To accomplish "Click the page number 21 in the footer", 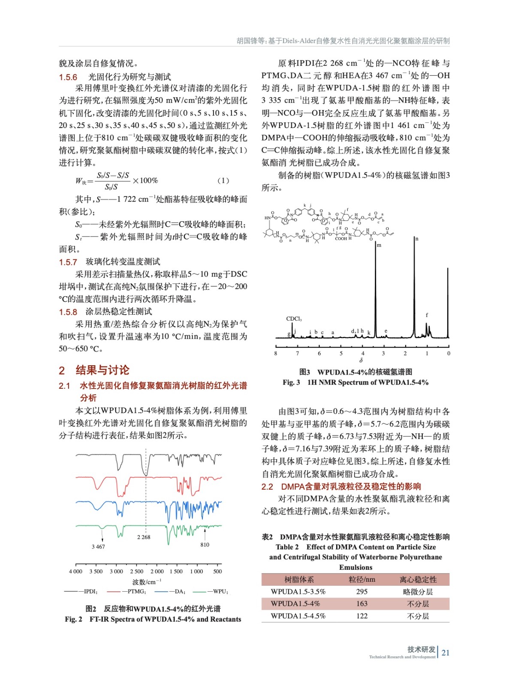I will tap(446, 652).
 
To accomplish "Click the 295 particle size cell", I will tap(361, 591).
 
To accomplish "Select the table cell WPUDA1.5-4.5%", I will tap(298, 616).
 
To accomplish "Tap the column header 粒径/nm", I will tap(361, 579).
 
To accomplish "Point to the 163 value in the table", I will tap(361, 604).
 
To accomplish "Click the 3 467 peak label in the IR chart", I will tap(98, 547).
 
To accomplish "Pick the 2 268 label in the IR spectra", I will tap(144, 537).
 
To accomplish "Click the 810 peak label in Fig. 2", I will tap(205, 545).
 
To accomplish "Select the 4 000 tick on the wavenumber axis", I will tap(75, 571).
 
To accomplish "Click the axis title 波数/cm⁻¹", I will tap(147, 581).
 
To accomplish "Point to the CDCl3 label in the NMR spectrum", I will tap(294, 319).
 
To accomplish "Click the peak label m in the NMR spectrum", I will tap(379, 245).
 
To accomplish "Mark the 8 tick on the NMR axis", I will tap(276, 353).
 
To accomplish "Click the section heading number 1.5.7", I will tap(68, 262).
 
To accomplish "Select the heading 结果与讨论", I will tap(102, 370).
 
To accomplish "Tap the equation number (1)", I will tap(223, 181).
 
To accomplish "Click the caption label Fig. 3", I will tap(291, 382).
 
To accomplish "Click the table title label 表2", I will tap(267, 537).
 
